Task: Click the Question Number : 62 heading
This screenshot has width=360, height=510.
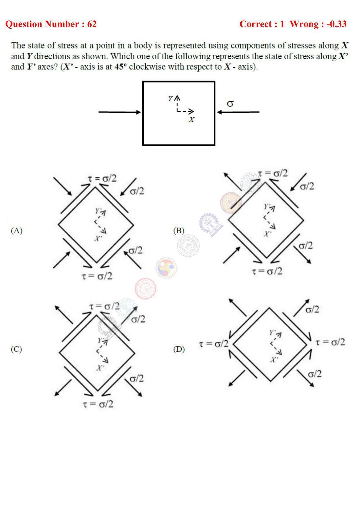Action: click(51, 24)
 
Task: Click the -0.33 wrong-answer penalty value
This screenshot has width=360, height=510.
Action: click(336, 24)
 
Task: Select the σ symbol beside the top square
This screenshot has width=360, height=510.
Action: click(230, 103)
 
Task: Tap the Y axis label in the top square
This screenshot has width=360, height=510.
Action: click(170, 99)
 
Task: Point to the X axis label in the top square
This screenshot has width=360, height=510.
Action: click(191, 119)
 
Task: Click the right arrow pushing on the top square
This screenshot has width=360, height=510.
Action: click(238, 112)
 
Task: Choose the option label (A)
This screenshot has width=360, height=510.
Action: click(17, 230)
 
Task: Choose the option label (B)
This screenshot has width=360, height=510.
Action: click(179, 230)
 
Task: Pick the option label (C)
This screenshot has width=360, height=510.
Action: click(17, 349)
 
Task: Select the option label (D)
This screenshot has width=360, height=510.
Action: click(179, 349)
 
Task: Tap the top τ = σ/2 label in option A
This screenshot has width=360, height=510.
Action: click(102, 178)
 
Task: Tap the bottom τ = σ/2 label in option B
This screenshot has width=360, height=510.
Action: click(267, 271)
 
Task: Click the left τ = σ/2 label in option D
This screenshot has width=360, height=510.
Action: click(213, 344)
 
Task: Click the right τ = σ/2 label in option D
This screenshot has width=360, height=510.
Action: click(330, 342)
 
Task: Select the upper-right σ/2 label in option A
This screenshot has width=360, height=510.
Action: click(137, 191)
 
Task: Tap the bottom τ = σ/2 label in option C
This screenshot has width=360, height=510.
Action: click(98, 404)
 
